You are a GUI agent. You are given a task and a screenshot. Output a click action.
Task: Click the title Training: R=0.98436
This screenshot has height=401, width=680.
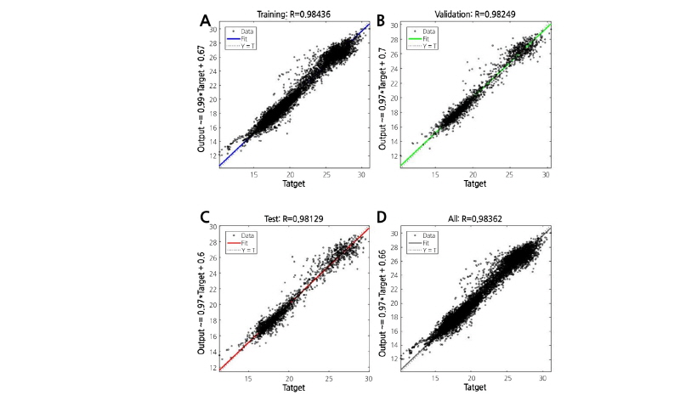pos(292,13)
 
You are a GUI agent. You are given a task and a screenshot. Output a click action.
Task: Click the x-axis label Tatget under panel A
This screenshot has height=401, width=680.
pos(295,185)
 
